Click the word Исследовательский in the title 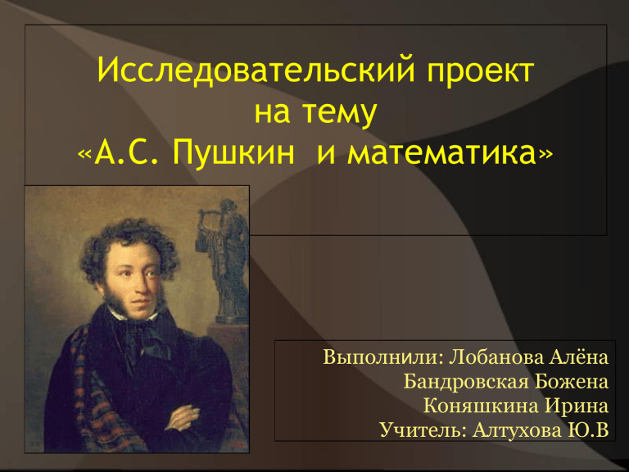coord(256,71)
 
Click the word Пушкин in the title coord(234,153)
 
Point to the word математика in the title coord(441,154)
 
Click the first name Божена coord(572,381)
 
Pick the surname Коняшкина coord(481,406)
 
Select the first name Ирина coord(577,406)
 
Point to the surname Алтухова coord(517,430)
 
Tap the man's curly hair coord(128,245)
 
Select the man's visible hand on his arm coord(182,417)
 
